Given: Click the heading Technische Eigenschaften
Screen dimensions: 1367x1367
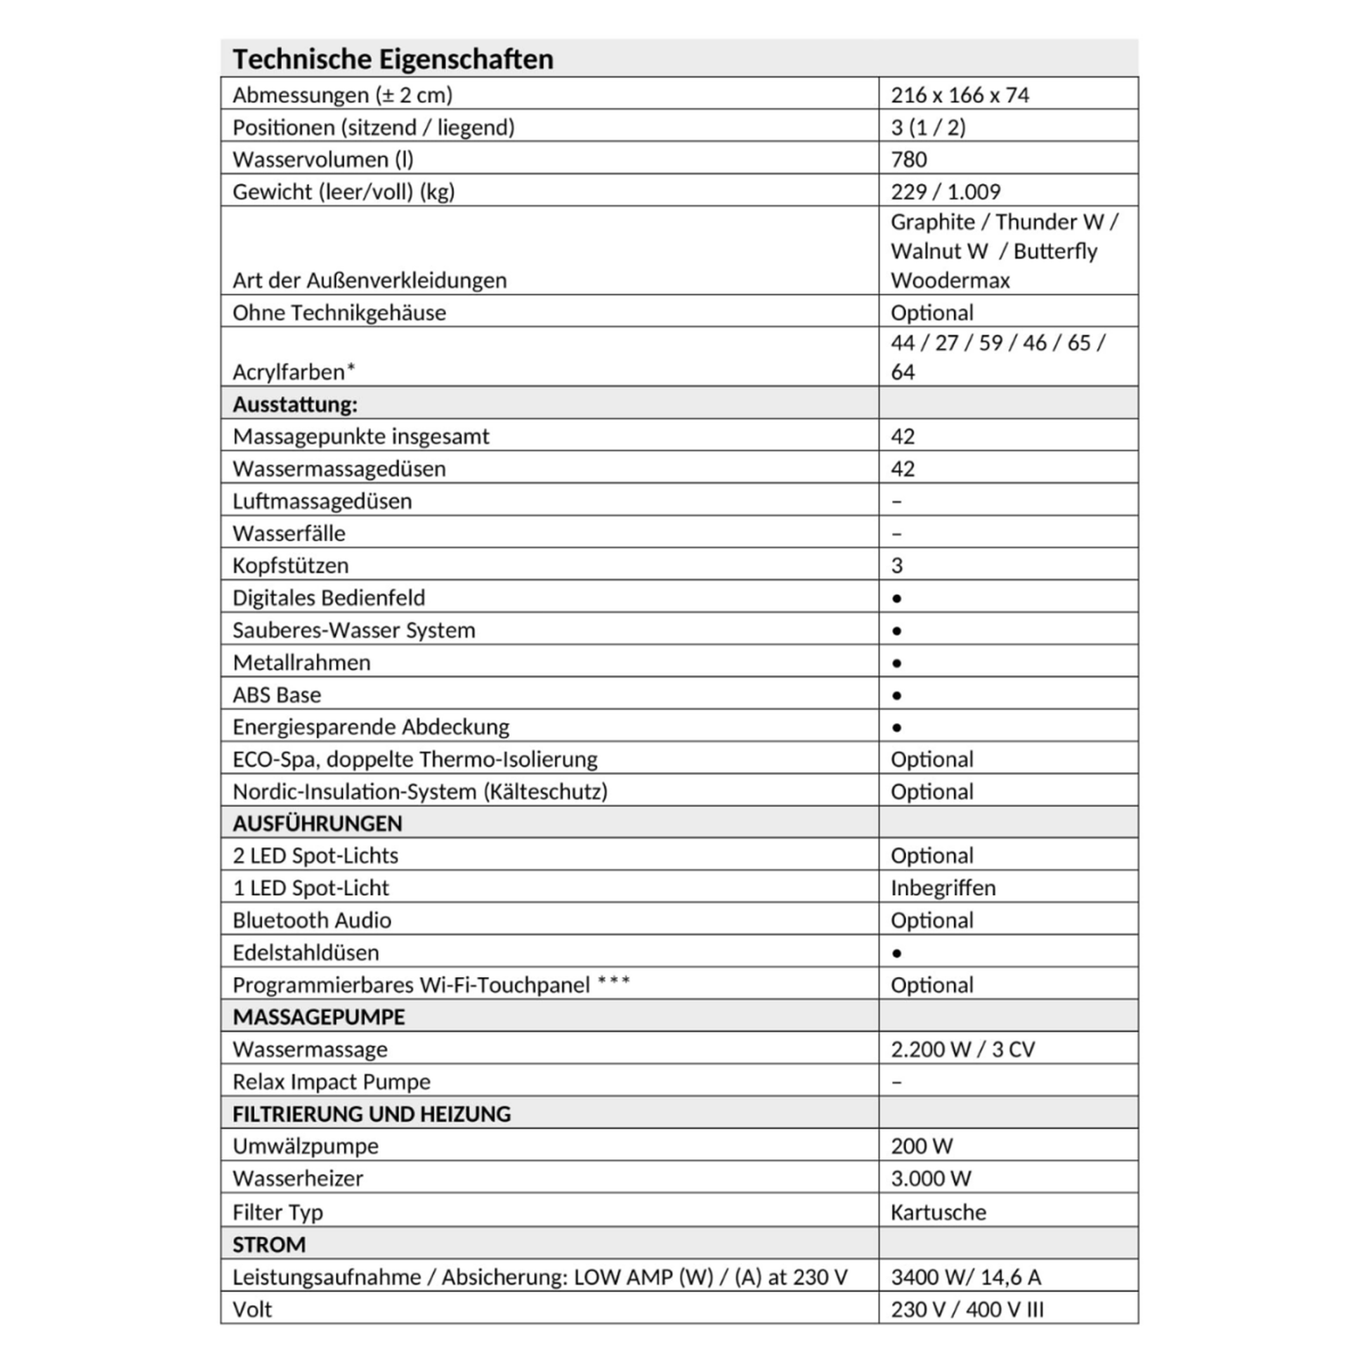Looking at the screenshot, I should point(393,59).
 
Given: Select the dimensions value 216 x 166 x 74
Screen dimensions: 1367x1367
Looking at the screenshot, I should point(960,95).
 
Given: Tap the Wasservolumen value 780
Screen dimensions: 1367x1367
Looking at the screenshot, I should point(908,159).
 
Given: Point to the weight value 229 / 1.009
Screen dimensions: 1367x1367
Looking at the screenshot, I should point(946,192).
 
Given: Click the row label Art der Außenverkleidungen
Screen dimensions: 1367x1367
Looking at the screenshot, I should point(369,280).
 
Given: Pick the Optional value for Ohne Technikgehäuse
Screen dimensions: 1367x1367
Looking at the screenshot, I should point(932,313).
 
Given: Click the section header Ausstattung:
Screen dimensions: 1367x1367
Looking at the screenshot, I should point(295,405).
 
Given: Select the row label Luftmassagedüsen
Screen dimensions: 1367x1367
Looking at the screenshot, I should point(322,501).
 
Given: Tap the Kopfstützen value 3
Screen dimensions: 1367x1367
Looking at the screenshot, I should point(897,565).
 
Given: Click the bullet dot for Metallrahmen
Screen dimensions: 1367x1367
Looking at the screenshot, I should point(897,663).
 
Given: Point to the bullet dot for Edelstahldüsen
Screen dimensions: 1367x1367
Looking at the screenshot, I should point(897,953).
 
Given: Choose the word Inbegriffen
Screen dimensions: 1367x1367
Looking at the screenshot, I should point(943,888).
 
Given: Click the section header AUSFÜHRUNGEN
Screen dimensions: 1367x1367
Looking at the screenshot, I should point(317,823).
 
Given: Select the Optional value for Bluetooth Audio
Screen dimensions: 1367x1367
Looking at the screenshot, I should point(932,920).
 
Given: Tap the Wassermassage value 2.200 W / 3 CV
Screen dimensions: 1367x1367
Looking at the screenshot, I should point(962,1049).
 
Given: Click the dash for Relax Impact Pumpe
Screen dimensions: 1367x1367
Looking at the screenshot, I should point(896,1082).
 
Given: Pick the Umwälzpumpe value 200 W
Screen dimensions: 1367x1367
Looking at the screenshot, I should point(921,1146).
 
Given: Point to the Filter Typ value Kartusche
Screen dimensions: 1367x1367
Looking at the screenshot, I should point(938,1212).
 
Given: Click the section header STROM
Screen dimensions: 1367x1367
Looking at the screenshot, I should point(269,1245).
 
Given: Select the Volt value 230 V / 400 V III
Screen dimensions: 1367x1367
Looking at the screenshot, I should point(967,1309).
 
